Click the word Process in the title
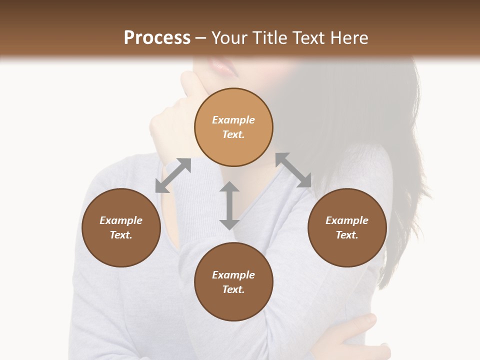[x=157, y=38]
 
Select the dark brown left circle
[x=121, y=227]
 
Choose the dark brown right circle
[x=347, y=227]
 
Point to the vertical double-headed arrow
[x=229, y=205]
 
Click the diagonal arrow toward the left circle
[x=173, y=175]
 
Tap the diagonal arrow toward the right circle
[x=293, y=170]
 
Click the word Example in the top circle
[x=233, y=120]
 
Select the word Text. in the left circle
[x=121, y=235]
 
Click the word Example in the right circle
[x=347, y=220]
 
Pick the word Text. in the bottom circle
[x=233, y=289]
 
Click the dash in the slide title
[x=201, y=38]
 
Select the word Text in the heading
[x=309, y=38]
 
